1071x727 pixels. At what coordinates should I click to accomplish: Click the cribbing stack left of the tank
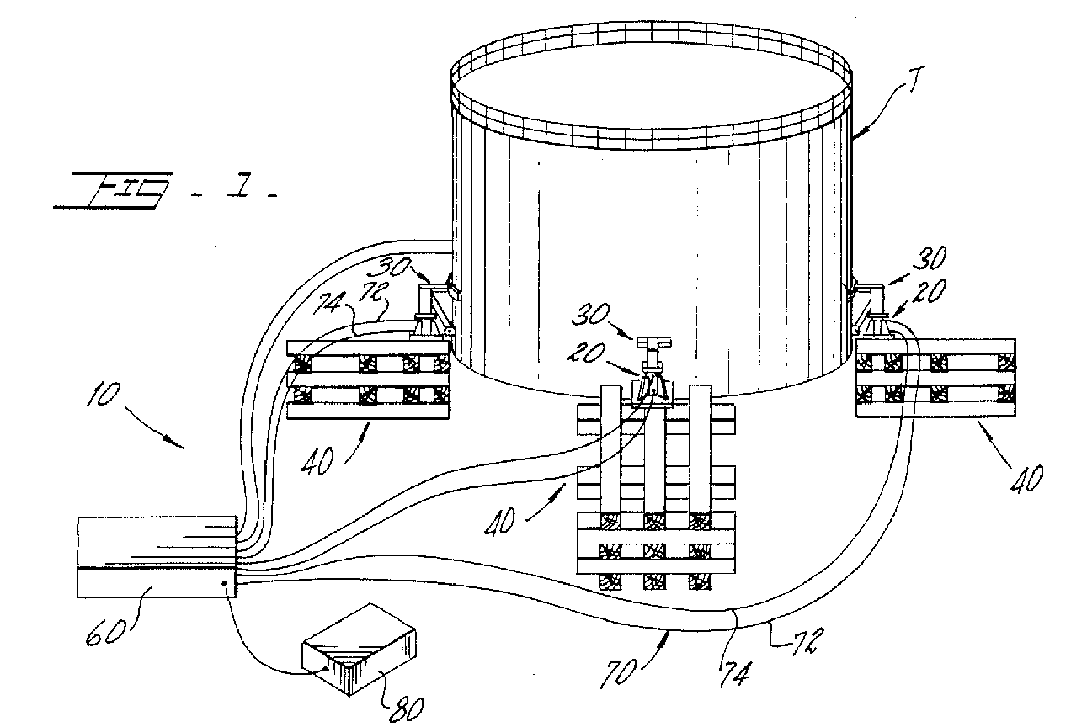[369, 379]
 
